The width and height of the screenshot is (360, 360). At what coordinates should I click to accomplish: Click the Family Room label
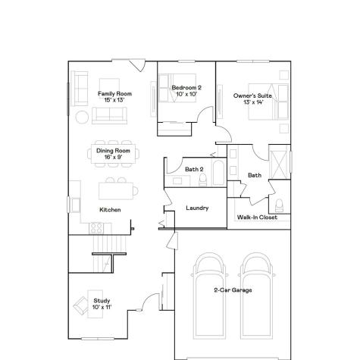[114, 96]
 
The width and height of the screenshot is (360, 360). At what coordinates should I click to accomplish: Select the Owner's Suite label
[252, 99]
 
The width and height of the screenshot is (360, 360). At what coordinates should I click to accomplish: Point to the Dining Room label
[114, 154]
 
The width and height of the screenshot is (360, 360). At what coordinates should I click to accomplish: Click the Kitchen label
[110, 209]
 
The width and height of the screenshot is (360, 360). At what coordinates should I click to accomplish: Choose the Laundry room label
[197, 208]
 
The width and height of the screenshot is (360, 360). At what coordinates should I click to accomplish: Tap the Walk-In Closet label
[257, 218]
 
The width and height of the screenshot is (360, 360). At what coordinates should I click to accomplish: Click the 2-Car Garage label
[233, 290]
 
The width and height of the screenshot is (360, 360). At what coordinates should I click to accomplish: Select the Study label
[102, 304]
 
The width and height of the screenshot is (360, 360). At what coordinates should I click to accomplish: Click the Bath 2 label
[194, 169]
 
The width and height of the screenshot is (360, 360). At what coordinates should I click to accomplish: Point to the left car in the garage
[210, 292]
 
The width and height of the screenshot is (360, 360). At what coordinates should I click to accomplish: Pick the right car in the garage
[256, 292]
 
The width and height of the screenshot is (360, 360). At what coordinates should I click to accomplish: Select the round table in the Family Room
[82, 117]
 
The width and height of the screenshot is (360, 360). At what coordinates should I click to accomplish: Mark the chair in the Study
[80, 307]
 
